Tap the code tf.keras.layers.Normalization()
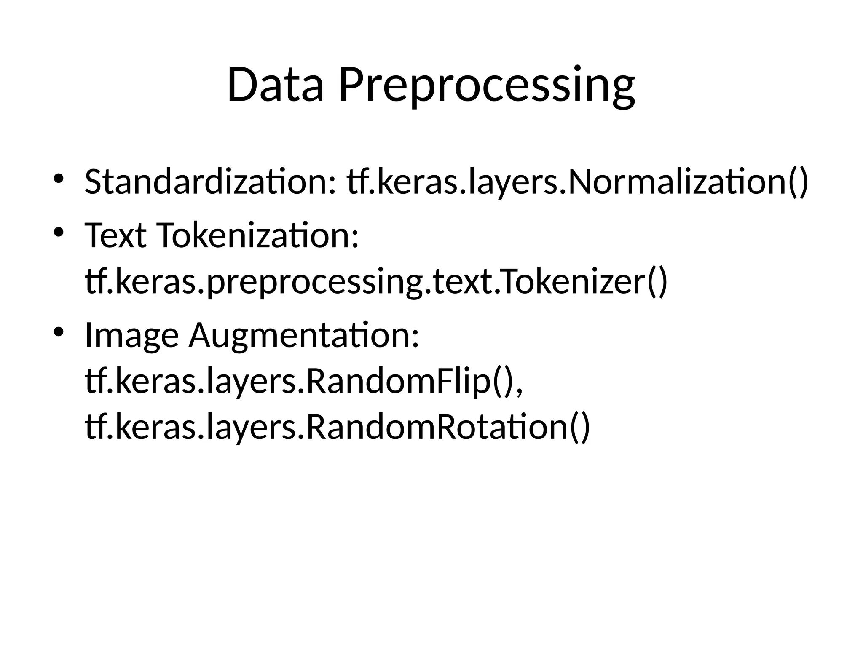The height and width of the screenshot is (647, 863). [x=578, y=182]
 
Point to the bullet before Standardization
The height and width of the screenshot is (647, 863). [x=59, y=178]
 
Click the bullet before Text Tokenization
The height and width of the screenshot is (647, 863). [x=59, y=232]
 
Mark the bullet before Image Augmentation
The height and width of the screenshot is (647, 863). [x=59, y=332]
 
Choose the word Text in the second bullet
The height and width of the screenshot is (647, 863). [x=115, y=236]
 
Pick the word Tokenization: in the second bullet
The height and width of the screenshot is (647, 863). [x=258, y=236]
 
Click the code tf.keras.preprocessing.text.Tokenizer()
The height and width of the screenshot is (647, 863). [x=376, y=282]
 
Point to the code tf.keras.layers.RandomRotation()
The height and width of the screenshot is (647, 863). [x=337, y=427]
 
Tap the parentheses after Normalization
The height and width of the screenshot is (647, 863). [x=798, y=182]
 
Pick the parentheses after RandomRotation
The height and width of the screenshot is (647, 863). [x=580, y=427]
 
